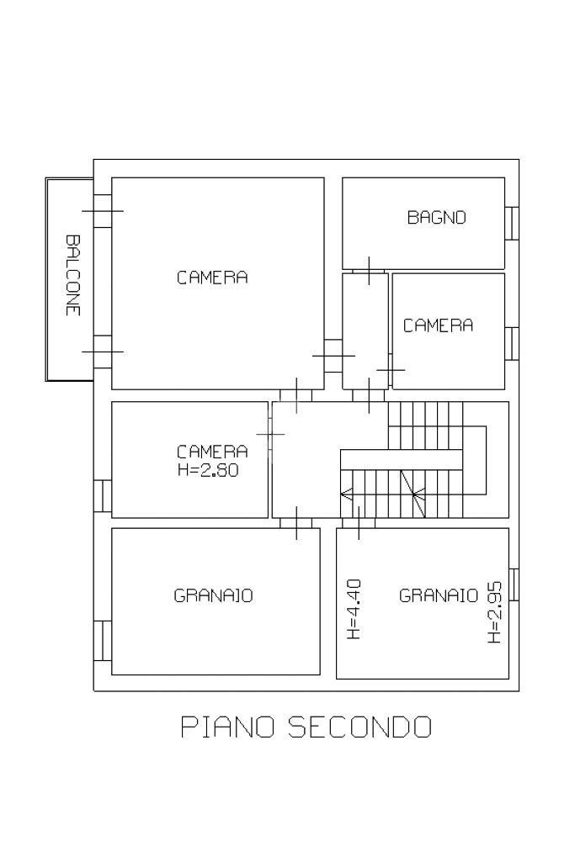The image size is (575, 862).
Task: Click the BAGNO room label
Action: tap(436, 217)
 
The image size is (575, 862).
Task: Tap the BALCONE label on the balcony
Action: tap(72, 276)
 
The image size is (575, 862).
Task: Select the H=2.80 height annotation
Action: tap(208, 470)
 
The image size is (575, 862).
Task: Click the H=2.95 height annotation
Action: tap(495, 612)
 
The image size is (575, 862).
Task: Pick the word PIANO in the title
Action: tap(227, 727)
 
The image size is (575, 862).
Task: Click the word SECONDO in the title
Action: tap(359, 727)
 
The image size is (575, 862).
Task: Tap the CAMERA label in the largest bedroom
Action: tap(212, 277)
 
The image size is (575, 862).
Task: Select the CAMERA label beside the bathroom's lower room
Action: tap(438, 325)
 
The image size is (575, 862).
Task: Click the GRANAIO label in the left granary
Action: tap(213, 595)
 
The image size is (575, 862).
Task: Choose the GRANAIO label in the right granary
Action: tap(439, 595)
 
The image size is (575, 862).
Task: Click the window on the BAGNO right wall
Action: tap(512, 223)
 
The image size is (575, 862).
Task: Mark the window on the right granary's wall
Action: tap(514, 584)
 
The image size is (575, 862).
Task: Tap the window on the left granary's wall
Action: tap(103, 641)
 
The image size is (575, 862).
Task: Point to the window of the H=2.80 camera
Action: tap(103, 496)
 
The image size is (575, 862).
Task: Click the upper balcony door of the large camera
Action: tap(103, 211)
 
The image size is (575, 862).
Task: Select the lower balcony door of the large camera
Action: tap(103, 352)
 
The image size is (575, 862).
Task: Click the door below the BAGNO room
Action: tap(369, 272)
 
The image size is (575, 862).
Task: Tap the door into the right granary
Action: tap(359, 523)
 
